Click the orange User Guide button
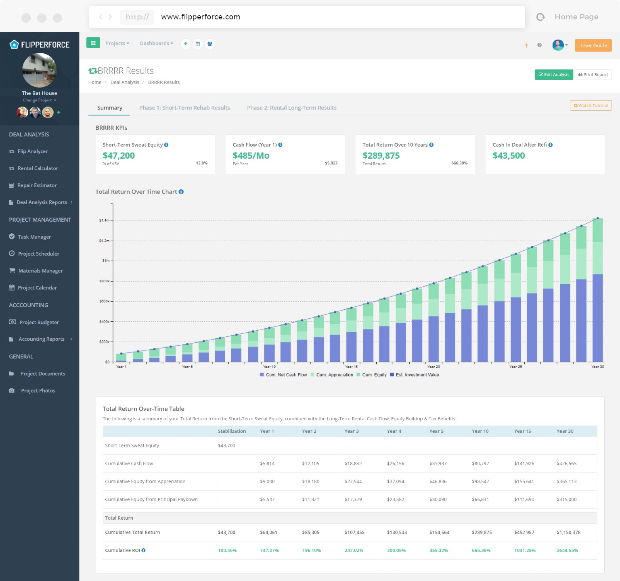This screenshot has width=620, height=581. (593, 46)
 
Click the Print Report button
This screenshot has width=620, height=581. (593, 75)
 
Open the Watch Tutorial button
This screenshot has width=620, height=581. (591, 105)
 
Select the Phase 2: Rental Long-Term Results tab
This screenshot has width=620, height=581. (291, 108)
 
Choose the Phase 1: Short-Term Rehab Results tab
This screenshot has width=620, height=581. (184, 108)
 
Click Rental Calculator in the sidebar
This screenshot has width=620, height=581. (38, 168)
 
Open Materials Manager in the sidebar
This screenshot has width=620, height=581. (40, 271)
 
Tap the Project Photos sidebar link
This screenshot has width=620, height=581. (38, 391)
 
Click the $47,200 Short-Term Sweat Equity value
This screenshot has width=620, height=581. (119, 156)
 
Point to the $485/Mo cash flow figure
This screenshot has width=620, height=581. (251, 156)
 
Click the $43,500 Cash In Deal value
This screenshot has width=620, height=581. (509, 156)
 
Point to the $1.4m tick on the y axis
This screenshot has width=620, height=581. (104, 220)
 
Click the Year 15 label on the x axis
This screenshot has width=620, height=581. (351, 367)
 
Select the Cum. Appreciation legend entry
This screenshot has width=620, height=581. (334, 375)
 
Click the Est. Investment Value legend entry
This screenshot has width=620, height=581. (417, 375)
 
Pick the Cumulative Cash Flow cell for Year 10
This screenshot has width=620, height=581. (480, 464)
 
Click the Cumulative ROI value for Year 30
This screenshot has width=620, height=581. (567, 550)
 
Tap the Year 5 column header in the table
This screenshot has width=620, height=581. (436, 431)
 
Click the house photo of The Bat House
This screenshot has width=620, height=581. (40, 71)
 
